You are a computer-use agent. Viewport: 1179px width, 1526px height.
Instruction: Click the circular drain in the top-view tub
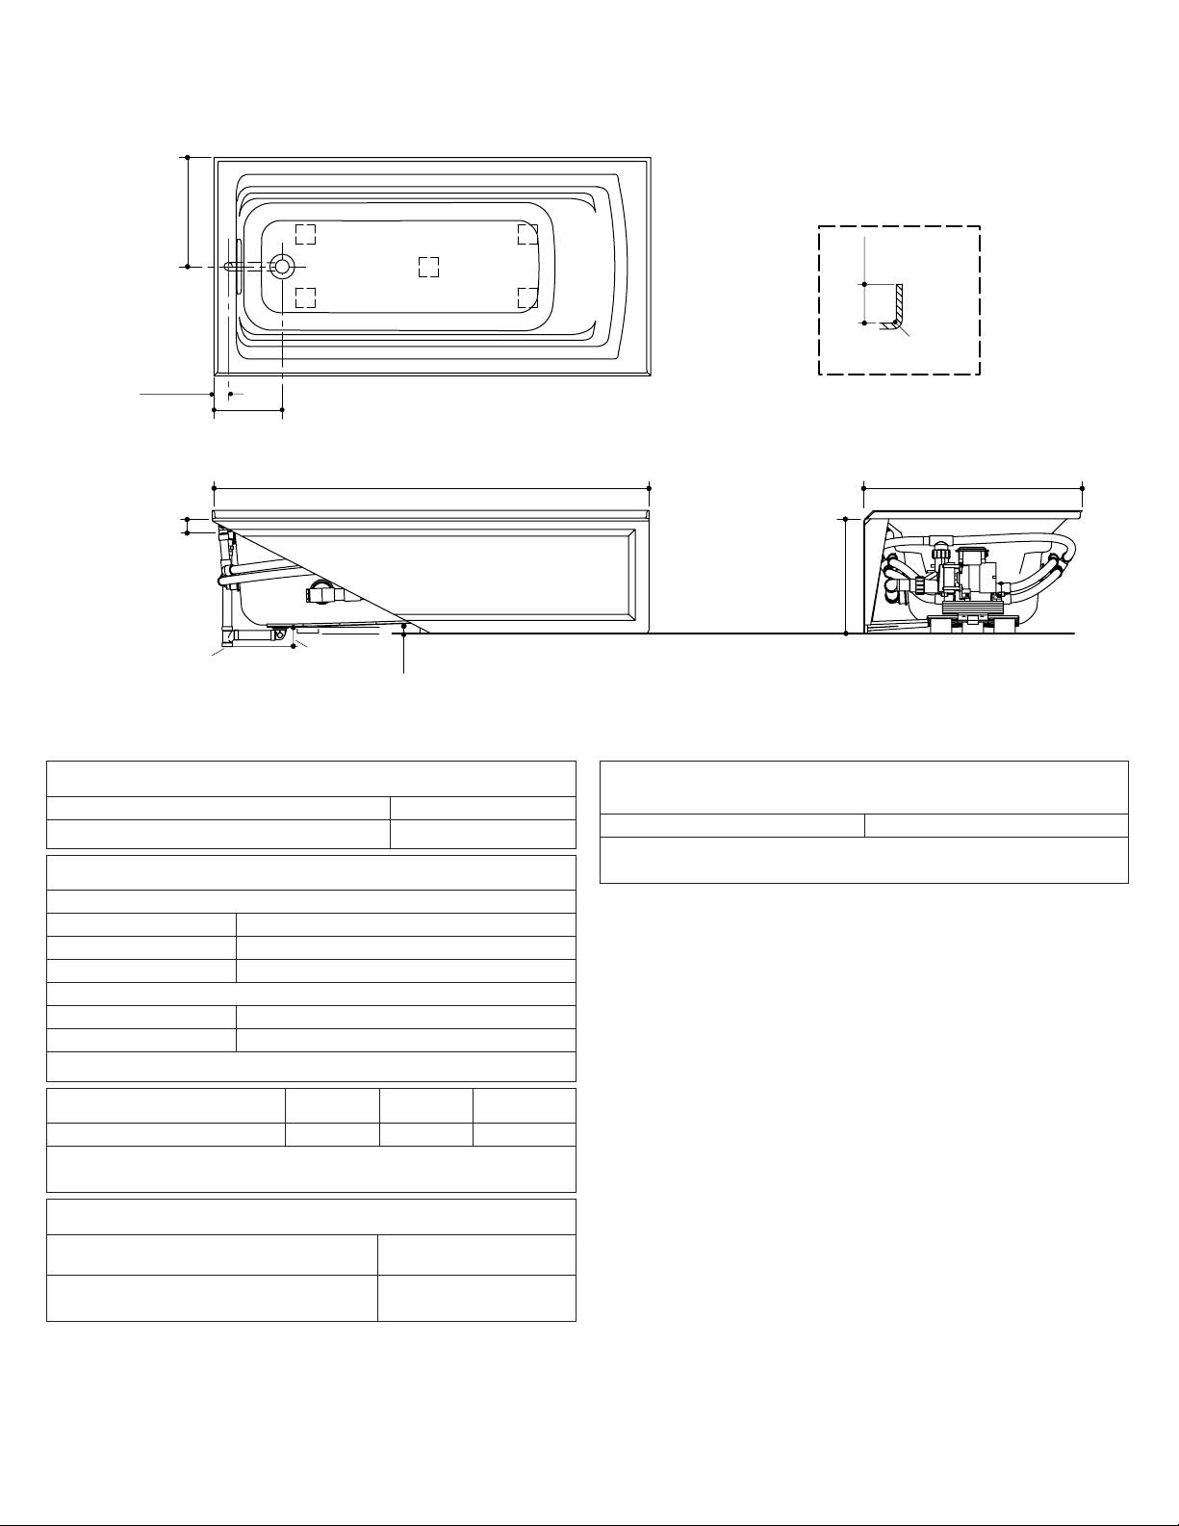[282, 266]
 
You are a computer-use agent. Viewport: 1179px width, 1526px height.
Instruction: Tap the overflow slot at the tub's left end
[230, 266]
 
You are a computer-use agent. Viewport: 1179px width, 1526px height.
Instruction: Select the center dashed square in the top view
[429, 266]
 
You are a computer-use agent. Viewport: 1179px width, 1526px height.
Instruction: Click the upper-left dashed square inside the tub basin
[305, 234]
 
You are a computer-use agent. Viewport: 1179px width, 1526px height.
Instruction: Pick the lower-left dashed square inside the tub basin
[305, 297]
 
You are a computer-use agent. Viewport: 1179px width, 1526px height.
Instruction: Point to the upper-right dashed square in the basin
[526, 234]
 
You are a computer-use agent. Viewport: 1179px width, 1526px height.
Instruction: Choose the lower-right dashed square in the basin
[526, 297]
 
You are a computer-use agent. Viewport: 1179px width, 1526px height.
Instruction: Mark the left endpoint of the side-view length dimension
[213, 488]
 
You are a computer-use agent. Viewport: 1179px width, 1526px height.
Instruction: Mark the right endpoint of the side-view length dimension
[651, 488]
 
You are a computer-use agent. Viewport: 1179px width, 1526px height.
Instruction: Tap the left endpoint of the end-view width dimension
[863, 488]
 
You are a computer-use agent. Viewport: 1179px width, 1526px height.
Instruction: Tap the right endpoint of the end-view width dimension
[1083, 488]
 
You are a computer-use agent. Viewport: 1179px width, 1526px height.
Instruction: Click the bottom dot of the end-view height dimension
[846, 634]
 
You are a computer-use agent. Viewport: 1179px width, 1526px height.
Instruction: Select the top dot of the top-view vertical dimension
[187, 156]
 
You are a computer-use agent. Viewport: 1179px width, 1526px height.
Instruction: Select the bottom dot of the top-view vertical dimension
[187, 266]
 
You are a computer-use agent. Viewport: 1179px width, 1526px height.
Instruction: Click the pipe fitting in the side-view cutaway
[321, 595]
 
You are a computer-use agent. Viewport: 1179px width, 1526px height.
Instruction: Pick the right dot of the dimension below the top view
[282, 410]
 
